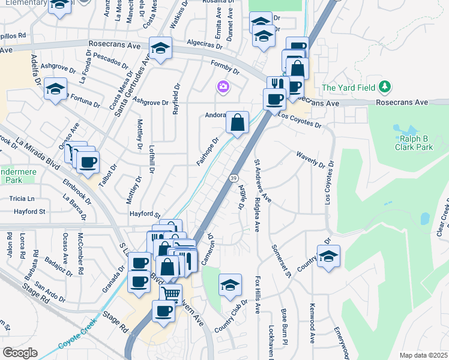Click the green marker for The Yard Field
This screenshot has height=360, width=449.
click(x=385, y=88)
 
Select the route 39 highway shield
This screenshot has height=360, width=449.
click(x=232, y=178)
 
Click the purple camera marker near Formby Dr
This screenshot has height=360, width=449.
click(x=223, y=88)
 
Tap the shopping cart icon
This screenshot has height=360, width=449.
click(x=170, y=293)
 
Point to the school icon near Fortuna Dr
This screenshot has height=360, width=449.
click(x=55, y=89)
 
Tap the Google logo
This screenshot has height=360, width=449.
click(x=19, y=352)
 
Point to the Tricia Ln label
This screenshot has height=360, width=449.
click(x=22, y=198)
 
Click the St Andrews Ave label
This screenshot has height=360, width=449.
click(x=263, y=181)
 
